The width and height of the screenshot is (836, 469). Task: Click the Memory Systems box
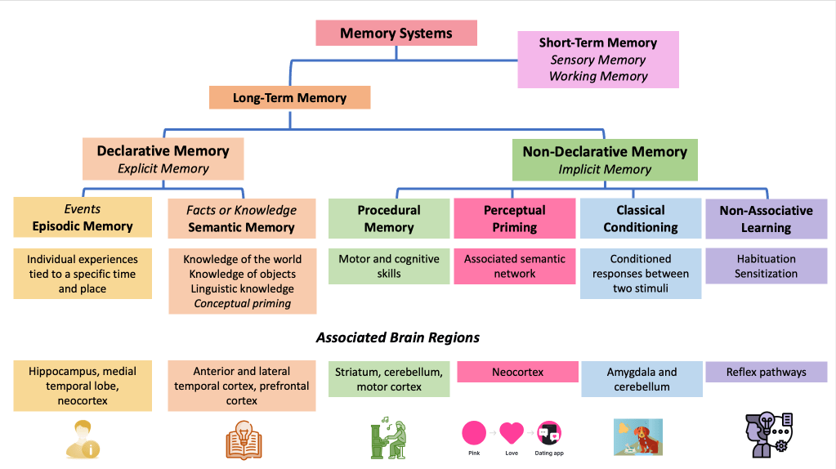click(x=396, y=33)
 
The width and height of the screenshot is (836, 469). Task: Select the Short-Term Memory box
click(x=598, y=60)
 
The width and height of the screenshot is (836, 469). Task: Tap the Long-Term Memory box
click(x=289, y=98)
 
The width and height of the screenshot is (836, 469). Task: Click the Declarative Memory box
click(x=163, y=159)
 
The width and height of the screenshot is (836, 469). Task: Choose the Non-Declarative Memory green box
click(x=605, y=160)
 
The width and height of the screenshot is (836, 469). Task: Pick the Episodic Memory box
click(x=83, y=217)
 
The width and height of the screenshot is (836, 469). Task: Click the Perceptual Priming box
click(x=514, y=218)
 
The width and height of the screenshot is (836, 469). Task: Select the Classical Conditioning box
click(x=641, y=218)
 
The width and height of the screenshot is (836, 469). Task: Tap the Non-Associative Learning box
click(x=766, y=218)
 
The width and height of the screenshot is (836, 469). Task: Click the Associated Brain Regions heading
click(x=398, y=337)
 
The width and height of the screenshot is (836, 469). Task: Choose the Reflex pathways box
click(x=766, y=373)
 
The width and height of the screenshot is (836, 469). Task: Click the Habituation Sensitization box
click(x=766, y=266)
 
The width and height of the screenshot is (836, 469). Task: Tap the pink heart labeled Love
click(x=512, y=432)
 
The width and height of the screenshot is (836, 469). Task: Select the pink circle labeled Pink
click(x=474, y=432)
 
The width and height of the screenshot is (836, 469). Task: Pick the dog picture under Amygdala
click(x=637, y=437)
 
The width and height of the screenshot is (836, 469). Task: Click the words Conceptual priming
click(x=242, y=304)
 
